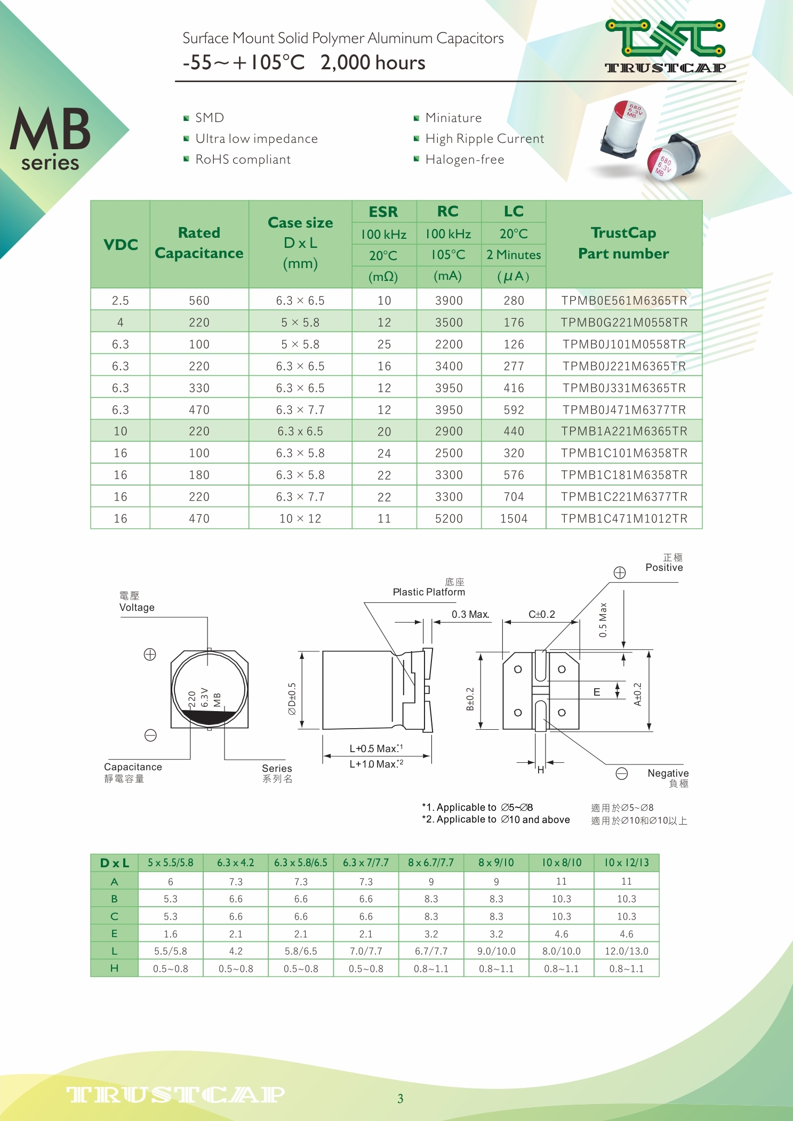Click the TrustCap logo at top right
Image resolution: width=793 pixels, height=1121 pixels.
(665, 45)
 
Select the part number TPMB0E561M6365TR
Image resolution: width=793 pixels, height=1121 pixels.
(624, 301)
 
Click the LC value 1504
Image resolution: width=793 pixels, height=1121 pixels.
(514, 519)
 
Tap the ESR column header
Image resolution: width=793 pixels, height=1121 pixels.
(383, 212)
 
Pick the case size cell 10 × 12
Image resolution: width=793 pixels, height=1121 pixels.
(300, 519)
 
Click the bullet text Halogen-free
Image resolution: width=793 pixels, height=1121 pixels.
(464, 159)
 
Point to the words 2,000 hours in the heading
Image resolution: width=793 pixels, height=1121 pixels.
(373, 63)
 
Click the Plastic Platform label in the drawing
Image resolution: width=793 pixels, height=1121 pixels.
(429, 592)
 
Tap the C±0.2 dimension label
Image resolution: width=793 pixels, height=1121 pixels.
(541, 614)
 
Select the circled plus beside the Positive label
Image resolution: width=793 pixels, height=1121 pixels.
(620, 572)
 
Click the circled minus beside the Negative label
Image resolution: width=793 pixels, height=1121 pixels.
(622, 773)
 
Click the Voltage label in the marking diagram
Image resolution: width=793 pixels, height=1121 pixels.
(137, 607)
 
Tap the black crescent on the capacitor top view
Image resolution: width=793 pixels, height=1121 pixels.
(210, 717)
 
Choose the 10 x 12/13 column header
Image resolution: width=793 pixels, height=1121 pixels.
(627, 862)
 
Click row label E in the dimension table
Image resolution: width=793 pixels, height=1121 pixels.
(114, 933)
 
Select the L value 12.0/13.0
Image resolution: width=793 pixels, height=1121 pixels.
(627, 951)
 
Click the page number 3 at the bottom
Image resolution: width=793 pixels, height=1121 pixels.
(400, 1099)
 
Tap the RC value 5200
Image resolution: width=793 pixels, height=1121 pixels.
(448, 519)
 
